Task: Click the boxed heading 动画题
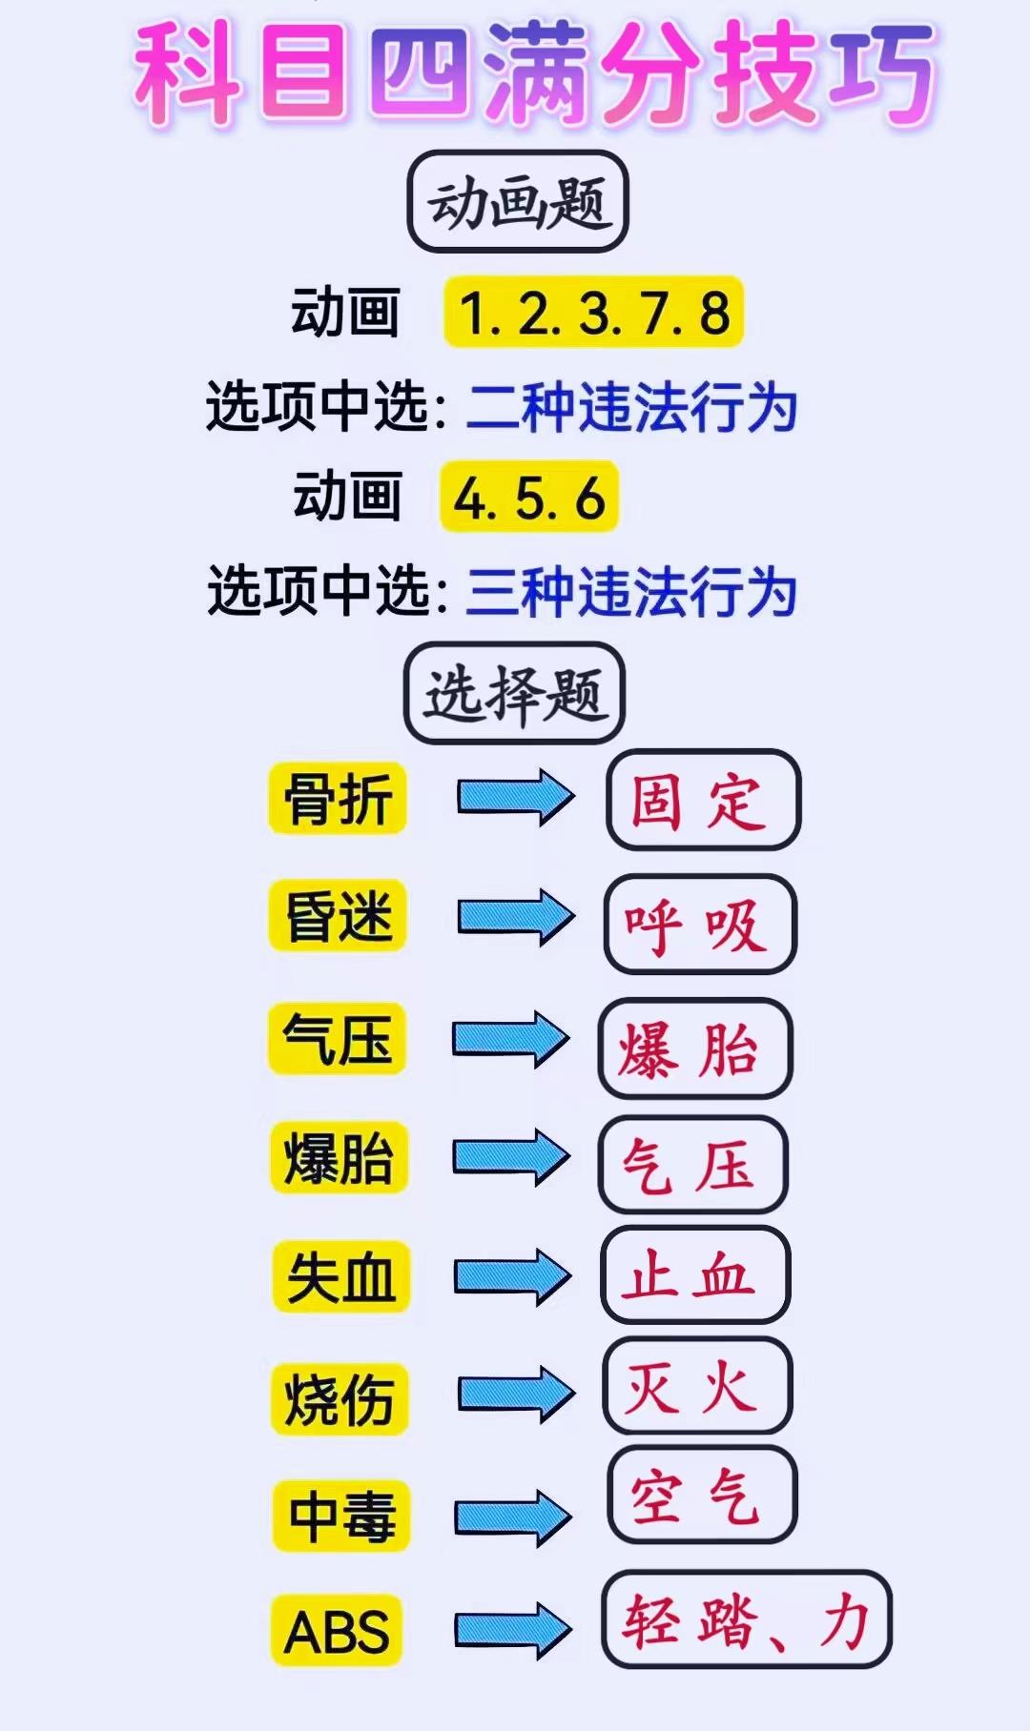coord(517,202)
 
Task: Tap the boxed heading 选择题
coord(514,693)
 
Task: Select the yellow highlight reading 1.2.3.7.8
coord(593,313)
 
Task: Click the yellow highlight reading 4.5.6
coord(529,497)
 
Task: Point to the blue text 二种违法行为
coord(631,407)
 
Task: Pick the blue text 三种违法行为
coord(631,591)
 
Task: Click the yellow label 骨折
coord(339,799)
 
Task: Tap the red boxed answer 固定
coord(703,800)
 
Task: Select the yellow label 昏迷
coord(339,917)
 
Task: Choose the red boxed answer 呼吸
coord(699,924)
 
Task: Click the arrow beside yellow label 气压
coord(510,1038)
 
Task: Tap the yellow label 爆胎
coord(340,1158)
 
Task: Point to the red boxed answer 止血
coord(694,1274)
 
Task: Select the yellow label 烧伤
coord(340,1399)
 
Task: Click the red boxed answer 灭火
coord(696,1385)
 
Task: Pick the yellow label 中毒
coord(341,1516)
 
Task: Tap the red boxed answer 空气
coord(702,1495)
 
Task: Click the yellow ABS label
coord(337,1631)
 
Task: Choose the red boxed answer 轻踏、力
coord(746,1619)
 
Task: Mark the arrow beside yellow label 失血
coord(512,1276)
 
